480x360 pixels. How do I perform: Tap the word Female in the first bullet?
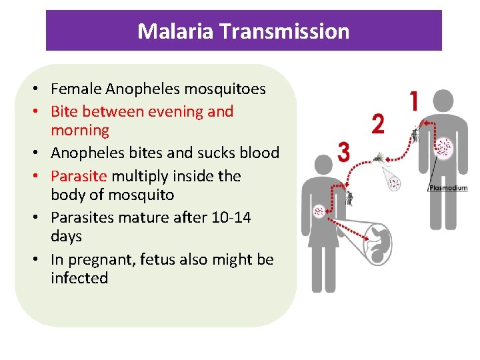coord(76,89)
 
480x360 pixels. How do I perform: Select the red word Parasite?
coord(79,176)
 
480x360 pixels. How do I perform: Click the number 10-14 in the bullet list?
coord(227,217)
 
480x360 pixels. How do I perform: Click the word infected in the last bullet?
coord(79,277)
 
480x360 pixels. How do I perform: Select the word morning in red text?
coord(79,130)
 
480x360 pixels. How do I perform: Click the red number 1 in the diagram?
coord(413,102)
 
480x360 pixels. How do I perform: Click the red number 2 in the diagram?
coord(378,124)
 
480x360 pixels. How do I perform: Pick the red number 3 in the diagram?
coord(343,152)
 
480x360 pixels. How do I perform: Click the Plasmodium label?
coord(448,189)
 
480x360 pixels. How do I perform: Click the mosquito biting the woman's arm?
coord(349,197)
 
